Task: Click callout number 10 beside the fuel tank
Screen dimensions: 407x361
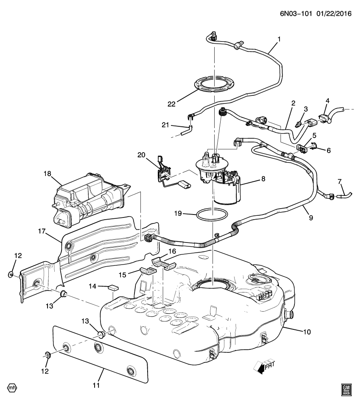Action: point(307,332)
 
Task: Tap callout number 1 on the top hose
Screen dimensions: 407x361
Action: point(279,39)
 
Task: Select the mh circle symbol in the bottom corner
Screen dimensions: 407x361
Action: point(12,387)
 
